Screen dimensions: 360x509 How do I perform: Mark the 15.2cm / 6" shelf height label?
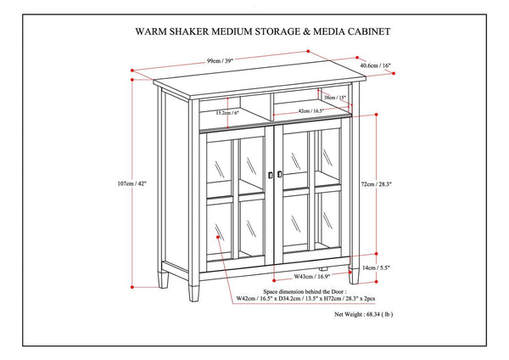[227, 112]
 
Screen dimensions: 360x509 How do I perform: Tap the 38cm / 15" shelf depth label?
[334, 96]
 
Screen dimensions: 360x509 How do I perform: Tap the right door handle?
[280, 174]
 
